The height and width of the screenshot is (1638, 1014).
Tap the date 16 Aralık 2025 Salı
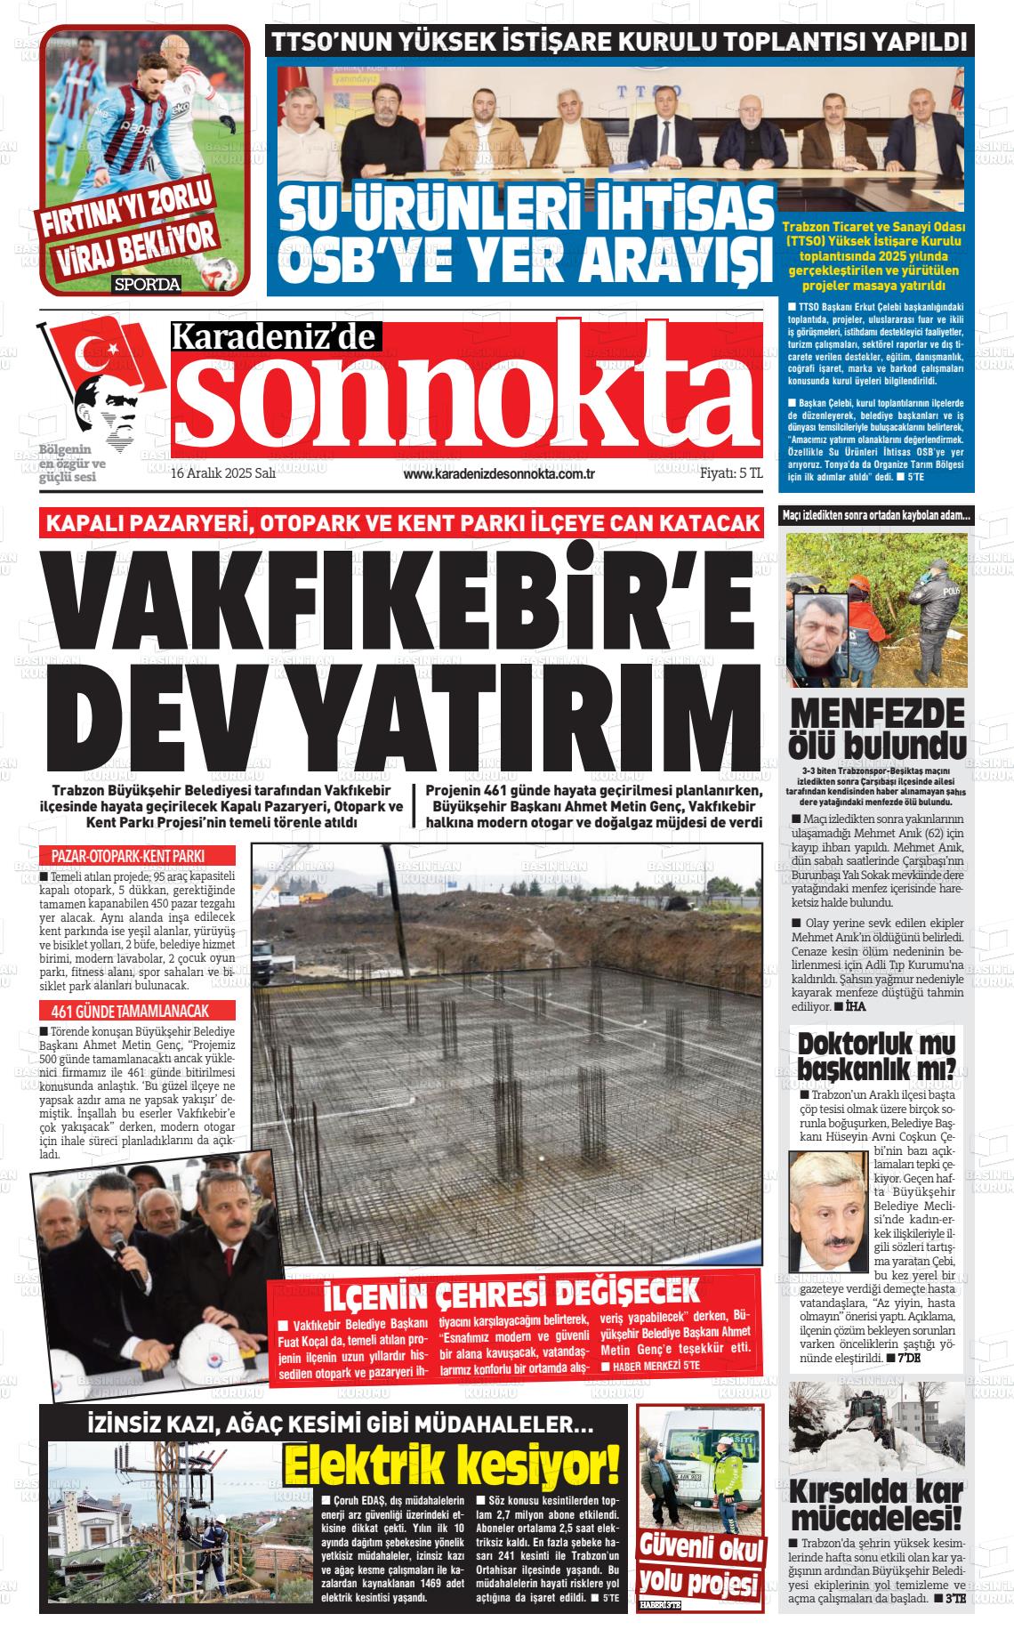[x=223, y=474]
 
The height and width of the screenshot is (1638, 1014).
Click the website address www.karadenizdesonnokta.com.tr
[x=499, y=474]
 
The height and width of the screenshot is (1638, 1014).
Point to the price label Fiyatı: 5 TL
[x=731, y=474]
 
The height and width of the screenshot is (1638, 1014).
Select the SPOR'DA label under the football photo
[x=147, y=285]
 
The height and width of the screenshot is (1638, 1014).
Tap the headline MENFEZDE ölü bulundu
[x=877, y=727]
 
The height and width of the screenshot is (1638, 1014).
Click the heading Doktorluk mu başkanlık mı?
[x=877, y=1054]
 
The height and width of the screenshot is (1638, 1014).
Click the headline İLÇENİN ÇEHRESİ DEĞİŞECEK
[x=511, y=1293]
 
